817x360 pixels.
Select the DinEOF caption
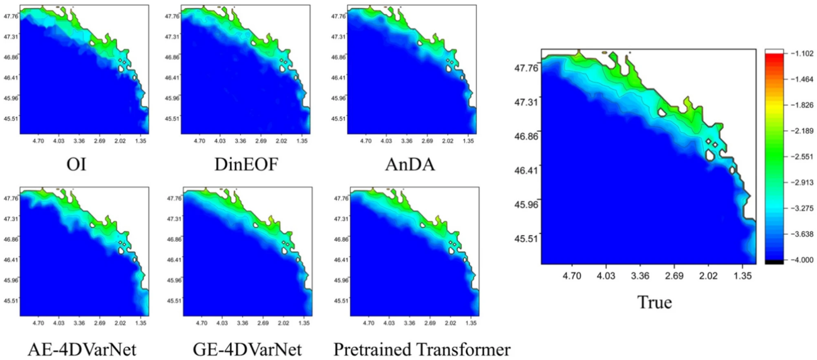(241, 165)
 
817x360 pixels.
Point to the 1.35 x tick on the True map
(742, 275)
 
